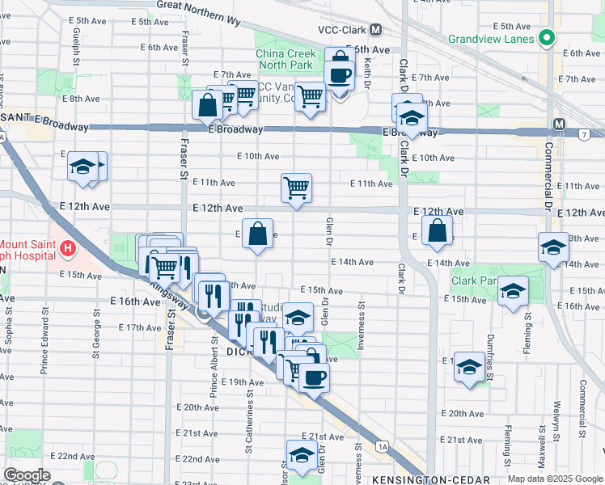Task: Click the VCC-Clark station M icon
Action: [375, 30]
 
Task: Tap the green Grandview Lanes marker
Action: [546, 38]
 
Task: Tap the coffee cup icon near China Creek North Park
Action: [339, 74]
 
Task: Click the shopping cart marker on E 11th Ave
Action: [297, 188]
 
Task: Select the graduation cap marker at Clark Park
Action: [513, 292]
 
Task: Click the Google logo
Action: [27, 475]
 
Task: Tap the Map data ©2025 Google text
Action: [555, 478]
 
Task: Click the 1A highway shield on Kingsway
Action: [383, 445]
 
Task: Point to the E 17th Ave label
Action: [140, 327]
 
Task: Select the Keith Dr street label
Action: [366, 69]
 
